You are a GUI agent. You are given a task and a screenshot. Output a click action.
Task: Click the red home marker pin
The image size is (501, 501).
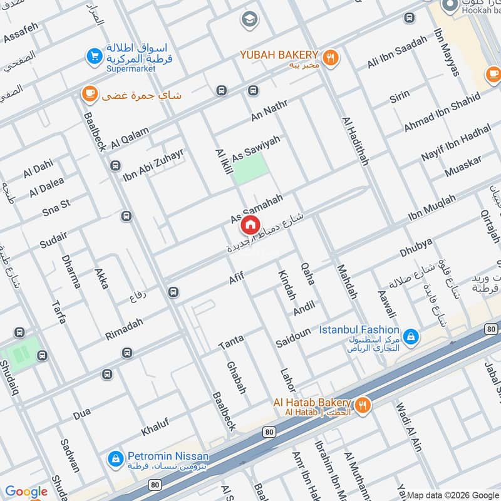pos(250,225)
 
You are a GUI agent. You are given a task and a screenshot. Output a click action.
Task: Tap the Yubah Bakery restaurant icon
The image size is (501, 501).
pos(331,58)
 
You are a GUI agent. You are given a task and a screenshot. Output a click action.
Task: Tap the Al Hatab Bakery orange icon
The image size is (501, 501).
pos(362,406)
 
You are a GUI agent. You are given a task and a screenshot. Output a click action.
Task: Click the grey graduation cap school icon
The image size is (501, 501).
pos(249,20)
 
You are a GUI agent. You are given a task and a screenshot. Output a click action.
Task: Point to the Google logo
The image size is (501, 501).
pos(26,492)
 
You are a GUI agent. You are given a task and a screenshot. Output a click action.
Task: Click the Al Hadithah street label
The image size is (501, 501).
pos(355,141)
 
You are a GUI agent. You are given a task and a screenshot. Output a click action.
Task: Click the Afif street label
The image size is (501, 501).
pos(236,279)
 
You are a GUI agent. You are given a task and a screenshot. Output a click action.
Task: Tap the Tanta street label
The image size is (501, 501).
pos(230,342)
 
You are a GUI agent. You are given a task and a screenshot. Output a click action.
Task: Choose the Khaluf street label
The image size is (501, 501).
pos(155,426)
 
